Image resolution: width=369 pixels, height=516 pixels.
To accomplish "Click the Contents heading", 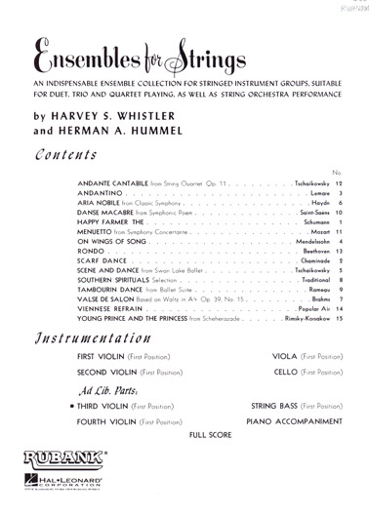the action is [67, 154].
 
